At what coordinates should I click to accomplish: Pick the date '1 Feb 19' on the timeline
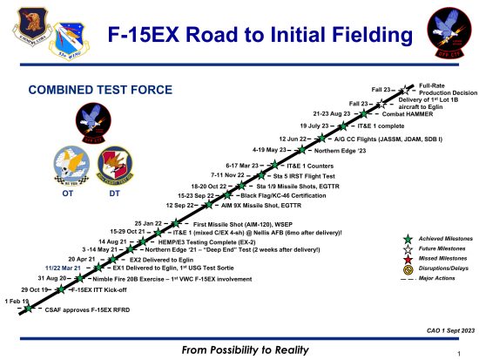click(x=18, y=301)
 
